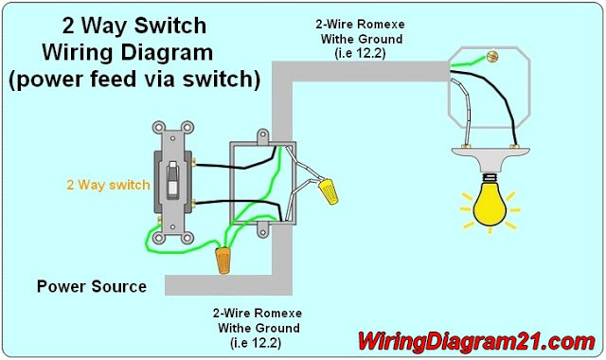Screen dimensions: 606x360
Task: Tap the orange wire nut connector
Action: click(x=223, y=260)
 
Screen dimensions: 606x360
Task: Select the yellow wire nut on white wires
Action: click(x=329, y=191)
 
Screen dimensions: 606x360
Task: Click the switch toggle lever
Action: click(x=172, y=179)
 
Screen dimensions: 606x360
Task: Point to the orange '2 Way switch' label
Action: click(x=108, y=185)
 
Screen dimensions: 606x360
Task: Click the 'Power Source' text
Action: click(x=92, y=286)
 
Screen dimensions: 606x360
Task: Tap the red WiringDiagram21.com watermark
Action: click(x=475, y=341)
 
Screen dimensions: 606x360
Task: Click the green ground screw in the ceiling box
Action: click(x=492, y=57)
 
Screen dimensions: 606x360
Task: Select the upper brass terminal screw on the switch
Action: click(x=192, y=162)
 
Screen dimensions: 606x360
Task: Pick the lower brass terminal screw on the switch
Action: click(x=192, y=203)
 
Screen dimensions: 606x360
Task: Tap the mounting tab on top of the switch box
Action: click(x=263, y=136)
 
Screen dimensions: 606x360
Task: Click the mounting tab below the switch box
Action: click(x=263, y=231)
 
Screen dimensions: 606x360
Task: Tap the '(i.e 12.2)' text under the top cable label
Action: click(x=360, y=53)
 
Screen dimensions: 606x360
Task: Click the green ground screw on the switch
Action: click(x=159, y=221)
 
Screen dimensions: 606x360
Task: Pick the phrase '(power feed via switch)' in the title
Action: click(x=134, y=80)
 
